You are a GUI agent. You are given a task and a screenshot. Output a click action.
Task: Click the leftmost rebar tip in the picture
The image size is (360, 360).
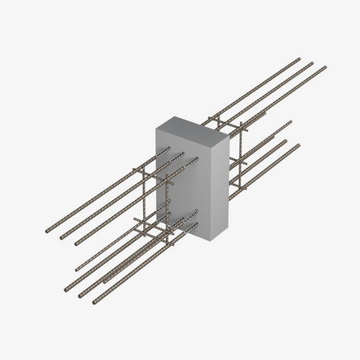[47, 231]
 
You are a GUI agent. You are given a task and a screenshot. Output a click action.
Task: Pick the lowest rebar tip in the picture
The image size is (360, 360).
[95, 302]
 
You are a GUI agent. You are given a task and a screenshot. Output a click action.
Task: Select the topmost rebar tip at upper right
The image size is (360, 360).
[299, 59]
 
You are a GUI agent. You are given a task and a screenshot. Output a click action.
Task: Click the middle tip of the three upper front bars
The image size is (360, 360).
[61, 238]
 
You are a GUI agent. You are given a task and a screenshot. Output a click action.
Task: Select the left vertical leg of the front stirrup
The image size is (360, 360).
[139, 201]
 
